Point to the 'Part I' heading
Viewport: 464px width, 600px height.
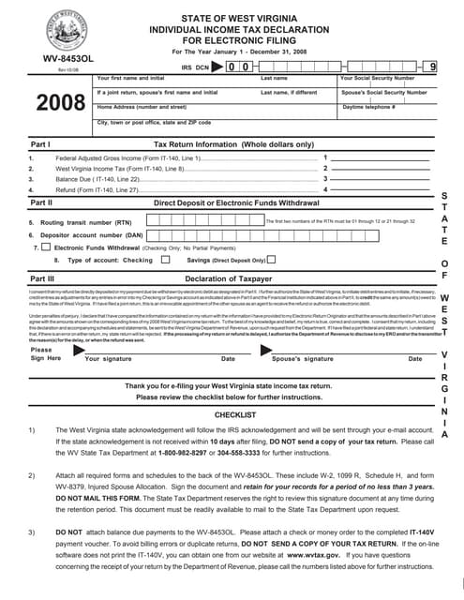[x=40, y=145]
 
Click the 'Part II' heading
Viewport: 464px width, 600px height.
[x=42, y=202]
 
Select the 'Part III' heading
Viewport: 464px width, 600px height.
[x=43, y=278]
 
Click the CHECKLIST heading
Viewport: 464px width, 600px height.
[x=235, y=413]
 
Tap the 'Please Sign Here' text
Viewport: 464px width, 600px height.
[x=41, y=353]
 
